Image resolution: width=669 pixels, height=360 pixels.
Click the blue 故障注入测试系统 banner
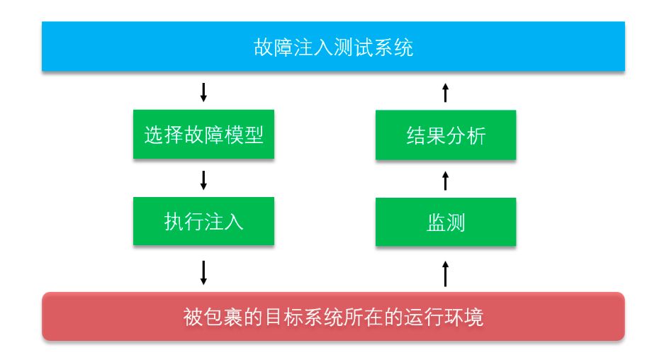point(333,46)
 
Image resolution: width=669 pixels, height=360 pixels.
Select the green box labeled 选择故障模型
point(203,135)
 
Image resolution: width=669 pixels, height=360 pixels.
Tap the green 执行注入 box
point(203,221)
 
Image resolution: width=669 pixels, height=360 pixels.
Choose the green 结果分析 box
point(446,135)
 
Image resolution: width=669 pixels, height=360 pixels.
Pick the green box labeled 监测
point(446,222)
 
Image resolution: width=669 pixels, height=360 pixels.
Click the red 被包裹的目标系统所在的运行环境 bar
point(333,316)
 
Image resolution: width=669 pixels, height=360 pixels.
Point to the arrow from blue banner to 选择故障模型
point(203,92)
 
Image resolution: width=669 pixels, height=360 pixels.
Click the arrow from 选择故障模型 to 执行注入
point(203,180)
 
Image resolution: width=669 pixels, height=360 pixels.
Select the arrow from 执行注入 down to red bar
point(203,273)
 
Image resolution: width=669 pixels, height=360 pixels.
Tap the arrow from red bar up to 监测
point(446,274)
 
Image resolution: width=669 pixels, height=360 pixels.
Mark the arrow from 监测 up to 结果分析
point(446,181)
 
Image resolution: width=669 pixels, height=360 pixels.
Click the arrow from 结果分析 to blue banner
point(446,93)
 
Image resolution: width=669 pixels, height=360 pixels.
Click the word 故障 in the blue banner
point(273,47)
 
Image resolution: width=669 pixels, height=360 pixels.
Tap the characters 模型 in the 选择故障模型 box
point(244,135)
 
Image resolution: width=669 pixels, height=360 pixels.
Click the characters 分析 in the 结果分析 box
point(466,135)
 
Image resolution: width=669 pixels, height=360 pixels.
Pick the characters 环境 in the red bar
point(463,317)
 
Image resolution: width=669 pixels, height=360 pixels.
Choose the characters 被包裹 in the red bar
point(213,317)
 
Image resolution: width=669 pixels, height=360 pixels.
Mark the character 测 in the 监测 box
point(455,223)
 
